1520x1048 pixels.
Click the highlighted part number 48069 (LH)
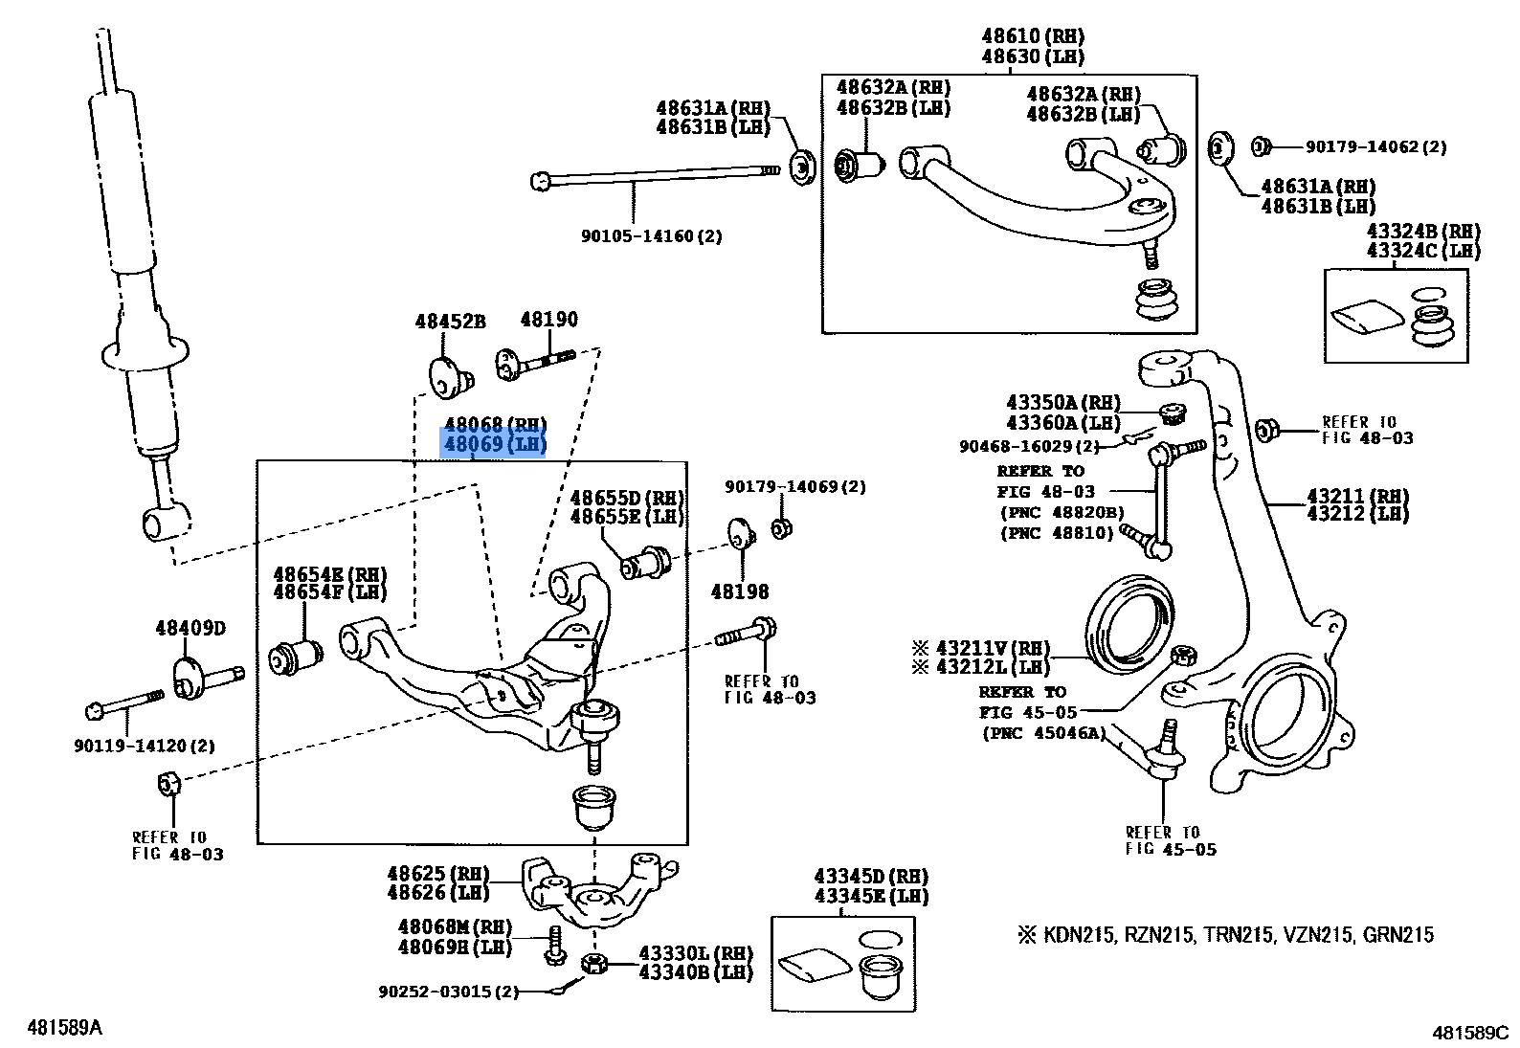coord(494,444)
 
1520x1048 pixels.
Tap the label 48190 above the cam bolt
coord(548,320)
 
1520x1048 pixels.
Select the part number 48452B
coord(450,322)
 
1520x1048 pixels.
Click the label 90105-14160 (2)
coord(651,235)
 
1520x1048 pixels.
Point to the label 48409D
coord(190,629)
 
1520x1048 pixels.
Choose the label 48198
coord(739,592)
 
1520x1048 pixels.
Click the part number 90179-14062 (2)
coord(1375,147)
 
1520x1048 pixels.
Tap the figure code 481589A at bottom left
coord(64,1028)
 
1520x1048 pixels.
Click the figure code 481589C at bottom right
coord(1469,1033)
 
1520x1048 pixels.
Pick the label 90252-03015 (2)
coord(448,992)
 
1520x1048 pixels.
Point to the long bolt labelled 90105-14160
coord(651,175)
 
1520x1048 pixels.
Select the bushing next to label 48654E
coord(295,658)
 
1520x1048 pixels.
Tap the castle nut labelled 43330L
coord(594,963)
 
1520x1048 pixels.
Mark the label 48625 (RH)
coord(437,874)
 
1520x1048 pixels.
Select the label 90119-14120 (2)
coord(145,746)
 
